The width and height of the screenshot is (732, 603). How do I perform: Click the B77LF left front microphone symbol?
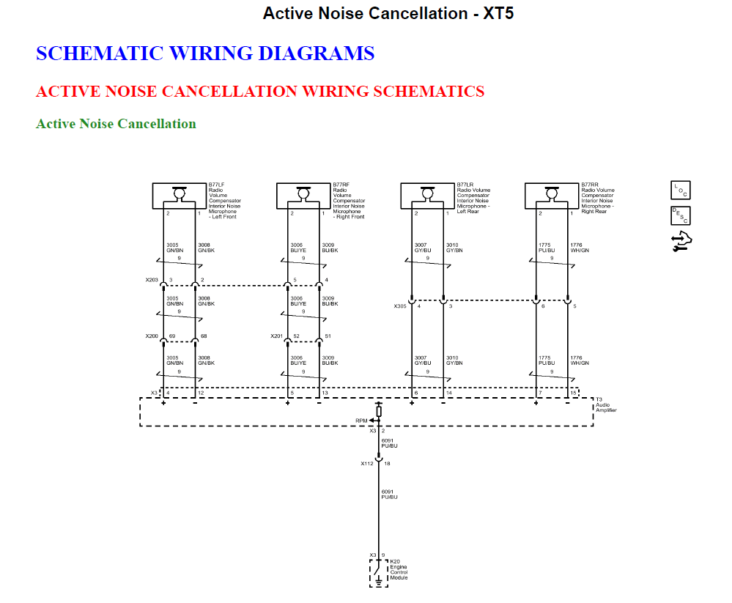[179, 195]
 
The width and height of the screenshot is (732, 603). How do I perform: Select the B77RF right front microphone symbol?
[303, 195]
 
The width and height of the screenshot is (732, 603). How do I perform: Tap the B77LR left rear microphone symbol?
[428, 195]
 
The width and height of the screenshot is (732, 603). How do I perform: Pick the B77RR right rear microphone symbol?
[552, 195]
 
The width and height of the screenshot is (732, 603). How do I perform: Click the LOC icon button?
[681, 190]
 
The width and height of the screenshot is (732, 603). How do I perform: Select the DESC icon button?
[681, 216]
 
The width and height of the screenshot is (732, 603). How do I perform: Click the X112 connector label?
[366, 464]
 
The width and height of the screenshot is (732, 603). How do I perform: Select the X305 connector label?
[400, 306]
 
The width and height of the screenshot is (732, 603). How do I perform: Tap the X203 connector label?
[152, 280]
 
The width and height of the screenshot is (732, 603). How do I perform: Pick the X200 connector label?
[152, 336]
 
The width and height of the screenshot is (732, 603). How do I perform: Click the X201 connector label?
[276, 336]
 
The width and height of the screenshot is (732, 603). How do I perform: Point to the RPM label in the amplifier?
[361, 421]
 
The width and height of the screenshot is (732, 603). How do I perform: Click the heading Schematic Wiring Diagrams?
[205, 53]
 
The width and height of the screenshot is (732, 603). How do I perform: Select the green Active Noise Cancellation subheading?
[116, 124]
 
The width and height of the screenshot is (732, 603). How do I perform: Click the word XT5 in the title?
[498, 13]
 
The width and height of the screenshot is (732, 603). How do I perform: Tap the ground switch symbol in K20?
[378, 571]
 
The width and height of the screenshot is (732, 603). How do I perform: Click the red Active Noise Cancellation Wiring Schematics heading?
[260, 92]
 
